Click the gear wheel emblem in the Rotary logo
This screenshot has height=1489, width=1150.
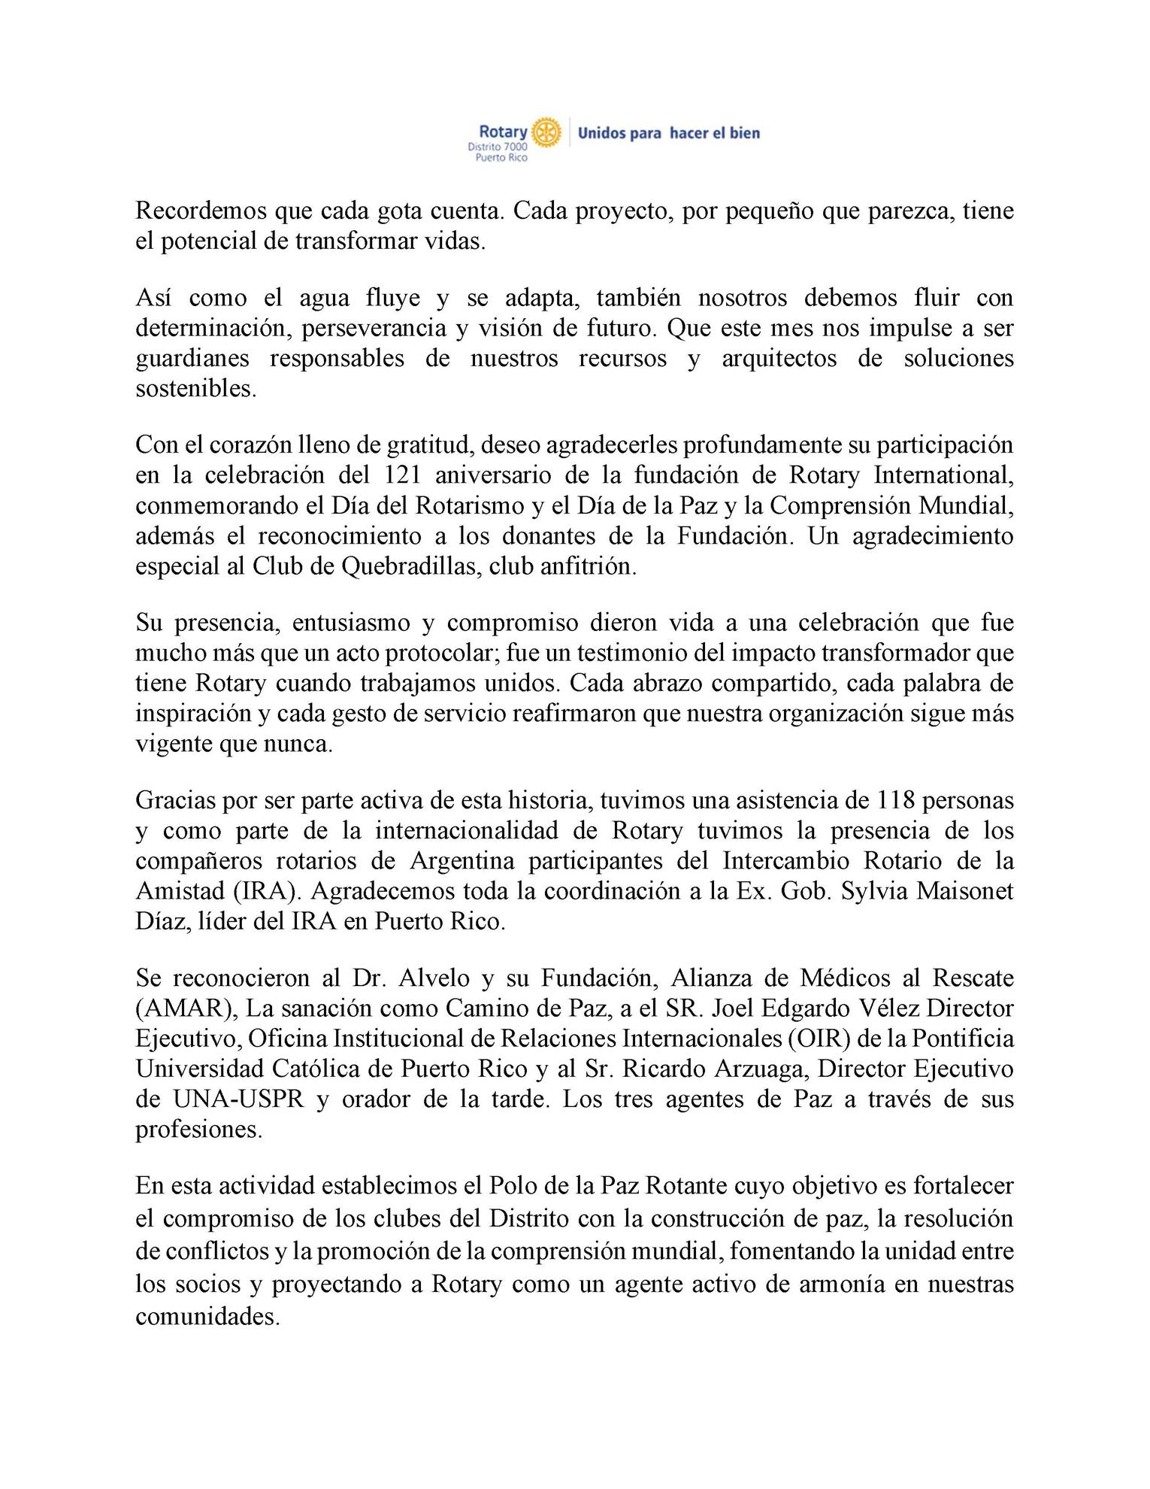point(546,132)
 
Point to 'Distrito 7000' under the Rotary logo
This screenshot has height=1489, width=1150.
point(498,147)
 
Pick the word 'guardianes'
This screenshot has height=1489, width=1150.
point(192,359)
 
